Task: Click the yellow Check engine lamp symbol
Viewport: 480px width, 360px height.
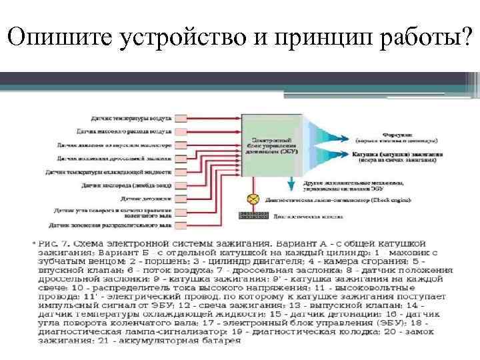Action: pos(253,198)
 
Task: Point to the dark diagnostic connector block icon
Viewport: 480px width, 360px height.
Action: pos(252,215)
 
